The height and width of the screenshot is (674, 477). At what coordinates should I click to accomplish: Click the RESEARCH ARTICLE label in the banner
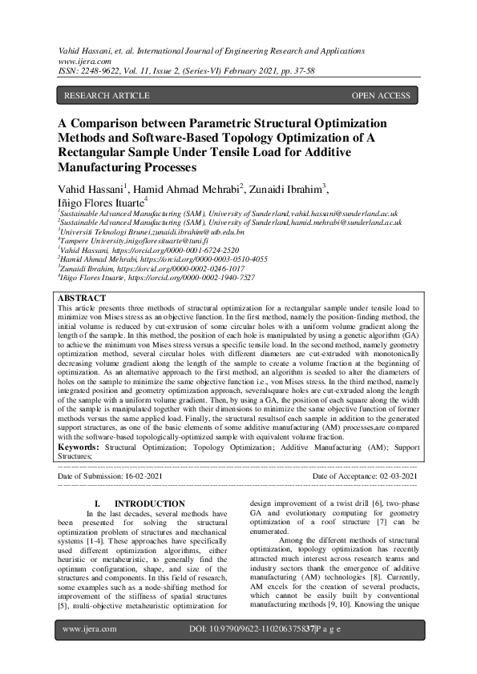click(x=107, y=96)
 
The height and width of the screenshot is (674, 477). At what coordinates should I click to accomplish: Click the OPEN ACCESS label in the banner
click(x=381, y=96)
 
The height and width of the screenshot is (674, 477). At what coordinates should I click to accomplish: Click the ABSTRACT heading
click(x=83, y=298)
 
